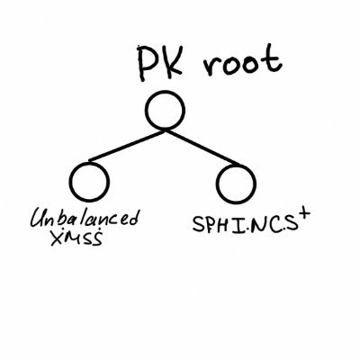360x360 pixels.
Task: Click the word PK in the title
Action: coord(160,63)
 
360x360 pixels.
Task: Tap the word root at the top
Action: coord(242,60)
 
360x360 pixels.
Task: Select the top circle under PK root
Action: coord(165,110)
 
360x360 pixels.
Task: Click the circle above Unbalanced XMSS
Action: coord(89,182)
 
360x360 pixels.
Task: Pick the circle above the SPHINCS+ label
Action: coord(236,184)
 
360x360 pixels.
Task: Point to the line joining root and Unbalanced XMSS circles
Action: coord(126,146)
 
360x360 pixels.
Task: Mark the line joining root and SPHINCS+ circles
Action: coord(202,147)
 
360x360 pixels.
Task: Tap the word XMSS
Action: coord(76,238)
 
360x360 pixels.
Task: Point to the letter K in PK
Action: coord(173,62)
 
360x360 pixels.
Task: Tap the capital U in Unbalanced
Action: coord(39,219)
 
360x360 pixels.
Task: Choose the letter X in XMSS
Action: coord(58,238)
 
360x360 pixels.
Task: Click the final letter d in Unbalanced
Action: coord(133,218)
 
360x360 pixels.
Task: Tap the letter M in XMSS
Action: coord(73,238)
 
